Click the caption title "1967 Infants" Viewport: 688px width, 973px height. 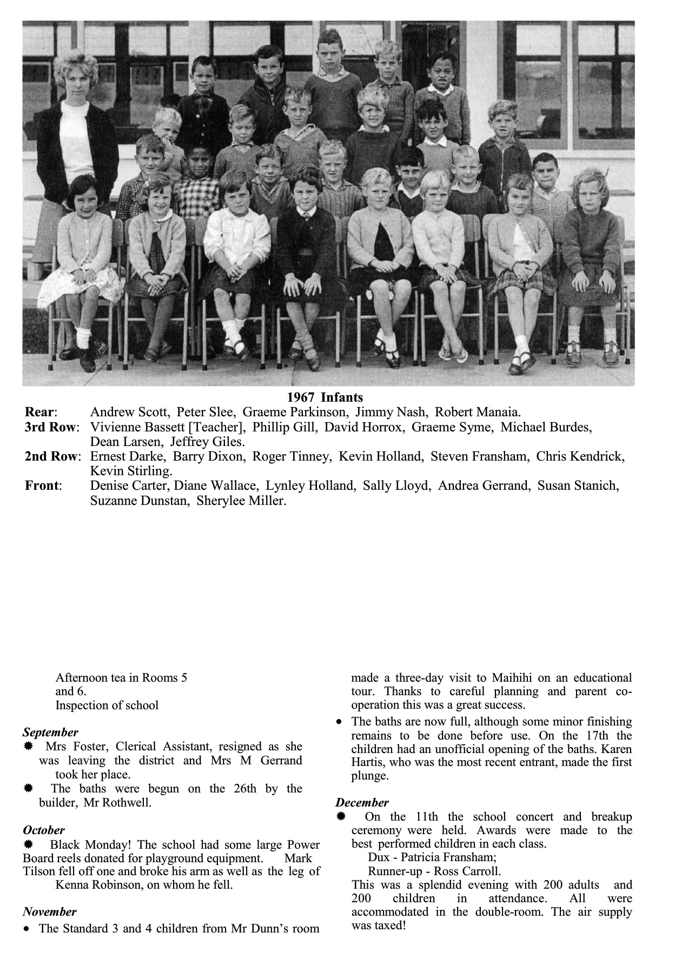(325, 398)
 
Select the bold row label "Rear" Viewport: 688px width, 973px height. (41, 412)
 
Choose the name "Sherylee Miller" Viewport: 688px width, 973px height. (241, 501)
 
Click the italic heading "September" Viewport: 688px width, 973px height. (50, 732)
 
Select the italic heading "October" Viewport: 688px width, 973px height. (44, 830)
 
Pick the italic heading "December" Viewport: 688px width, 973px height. (362, 803)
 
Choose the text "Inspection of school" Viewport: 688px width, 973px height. (107, 705)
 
